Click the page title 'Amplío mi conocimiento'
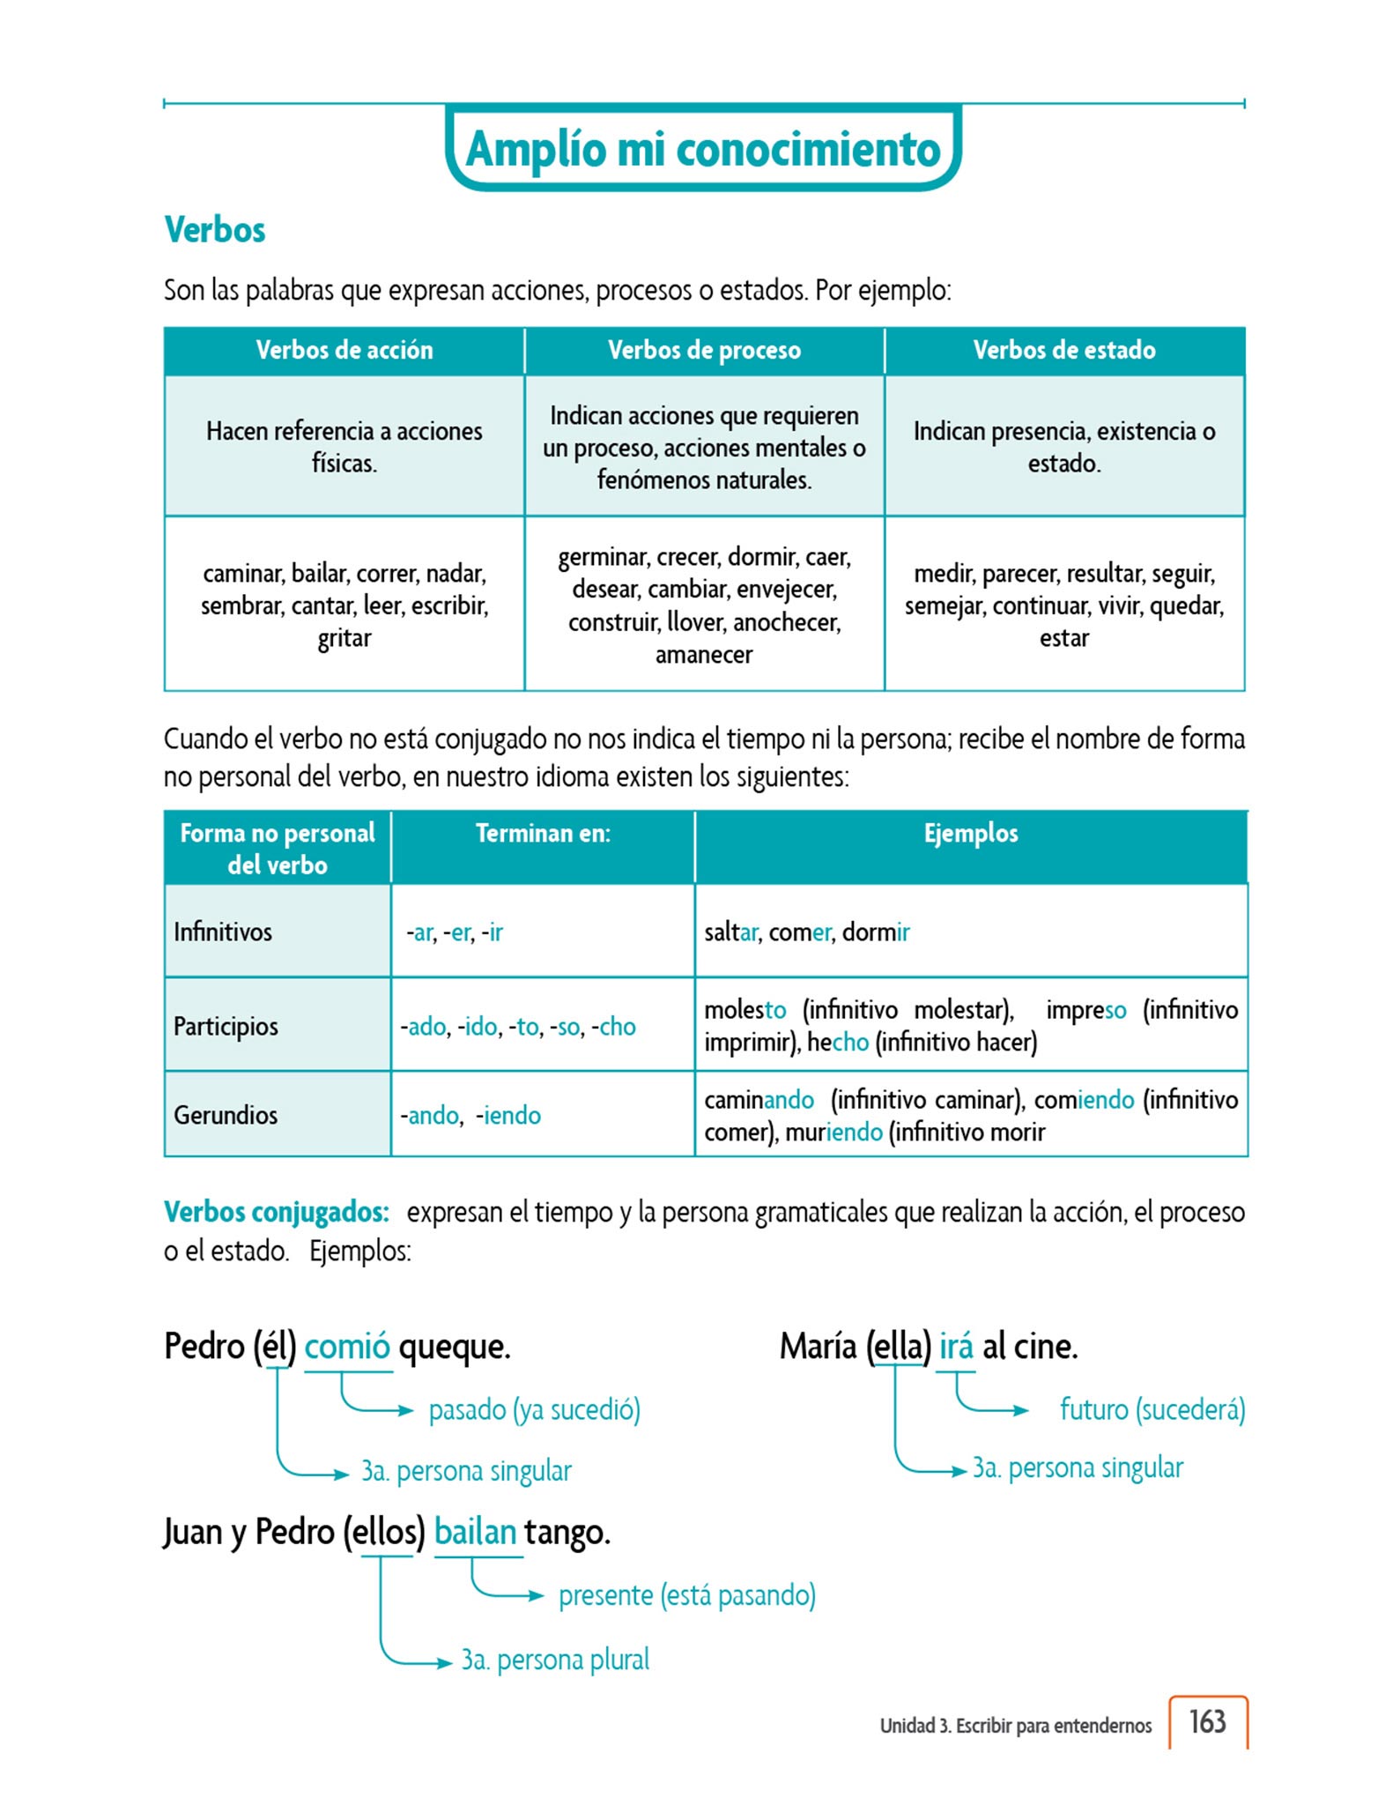702,149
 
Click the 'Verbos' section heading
215,230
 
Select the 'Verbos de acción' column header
344,351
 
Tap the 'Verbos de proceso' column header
704,351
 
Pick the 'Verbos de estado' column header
1064,351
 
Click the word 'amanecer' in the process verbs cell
704,655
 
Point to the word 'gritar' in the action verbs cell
344,638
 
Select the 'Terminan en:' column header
543,834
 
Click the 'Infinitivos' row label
223,932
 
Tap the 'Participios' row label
226,1027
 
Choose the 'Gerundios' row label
226,1116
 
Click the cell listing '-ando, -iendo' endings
471,1116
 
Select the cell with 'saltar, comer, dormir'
807,932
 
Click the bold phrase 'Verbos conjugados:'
277,1213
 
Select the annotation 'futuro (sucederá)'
1152,1410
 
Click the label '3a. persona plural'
555,1660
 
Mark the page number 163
1207,1722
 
